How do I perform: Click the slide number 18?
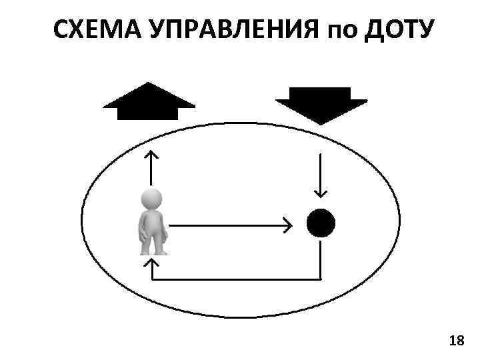pyautogui.click(x=457, y=341)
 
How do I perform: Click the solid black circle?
pyautogui.click(x=321, y=223)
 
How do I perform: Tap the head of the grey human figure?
pyautogui.click(x=152, y=199)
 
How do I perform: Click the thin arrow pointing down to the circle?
pyautogui.click(x=321, y=175)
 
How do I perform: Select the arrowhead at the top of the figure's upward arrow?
pyautogui.click(x=153, y=153)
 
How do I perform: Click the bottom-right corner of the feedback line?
pyautogui.click(x=321, y=279)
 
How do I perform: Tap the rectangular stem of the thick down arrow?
pyautogui.click(x=321, y=94)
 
